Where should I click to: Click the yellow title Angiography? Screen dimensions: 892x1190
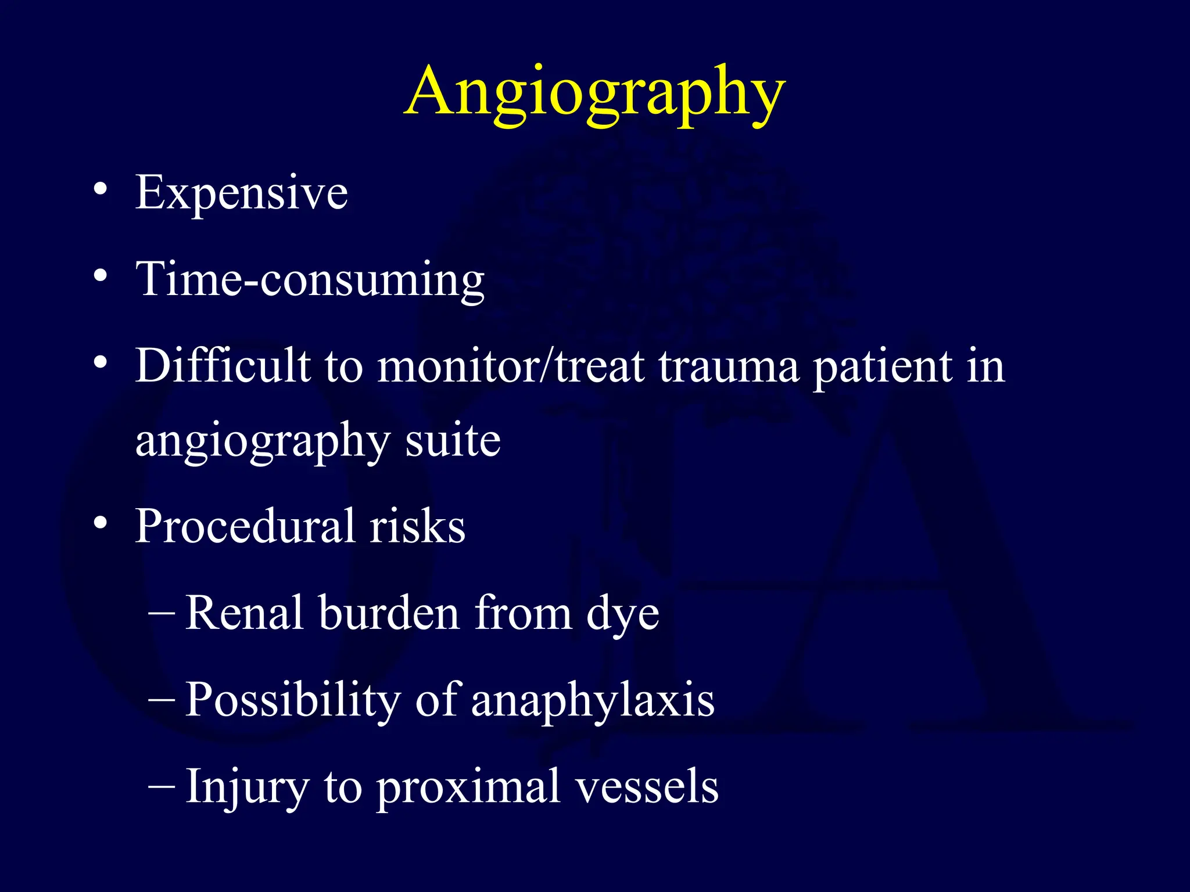[595, 93]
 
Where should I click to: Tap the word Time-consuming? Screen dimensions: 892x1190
[310, 279]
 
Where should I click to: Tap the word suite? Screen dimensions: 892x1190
[453, 440]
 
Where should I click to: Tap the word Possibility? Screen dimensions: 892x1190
[293, 700]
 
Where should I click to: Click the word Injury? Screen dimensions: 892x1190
[247, 787]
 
